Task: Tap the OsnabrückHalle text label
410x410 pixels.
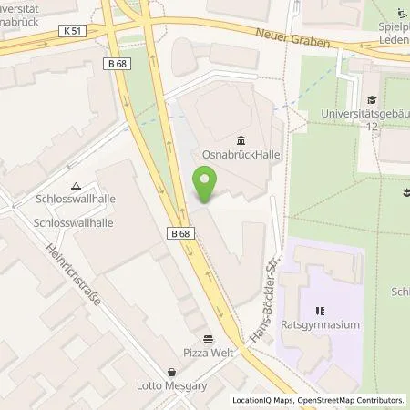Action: click(241, 155)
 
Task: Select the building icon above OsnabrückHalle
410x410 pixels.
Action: click(241, 139)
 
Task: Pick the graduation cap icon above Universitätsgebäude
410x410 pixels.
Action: click(371, 100)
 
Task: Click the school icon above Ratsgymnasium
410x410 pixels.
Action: click(319, 310)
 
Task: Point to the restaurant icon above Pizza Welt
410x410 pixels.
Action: click(208, 335)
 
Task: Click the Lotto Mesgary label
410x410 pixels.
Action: click(172, 384)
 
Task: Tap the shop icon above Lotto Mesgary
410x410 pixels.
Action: click(172, 371)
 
